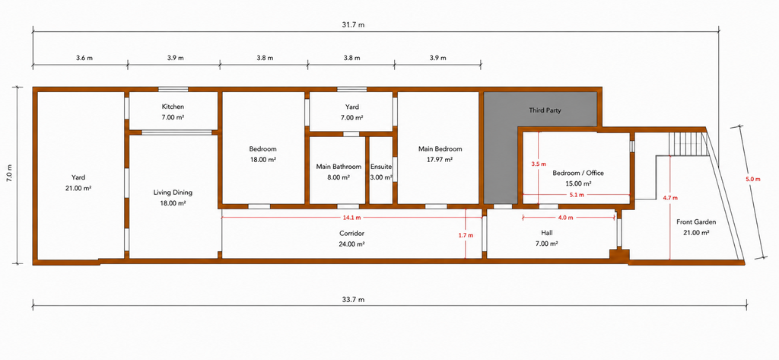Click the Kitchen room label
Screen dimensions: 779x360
click(x=173, y=107)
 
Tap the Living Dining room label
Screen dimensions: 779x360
click(x=173, y=193)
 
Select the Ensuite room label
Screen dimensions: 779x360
click(x=381, y=167)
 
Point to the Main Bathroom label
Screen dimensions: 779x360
click(x=339, y=167)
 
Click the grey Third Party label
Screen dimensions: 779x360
click(x=545, y=110)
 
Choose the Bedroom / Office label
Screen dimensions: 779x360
click(x=578, y=173)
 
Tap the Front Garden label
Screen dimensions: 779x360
click(x=696, y=221)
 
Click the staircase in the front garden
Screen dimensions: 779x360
click(x=688, y=144)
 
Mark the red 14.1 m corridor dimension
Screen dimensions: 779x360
click(x=351, y=218)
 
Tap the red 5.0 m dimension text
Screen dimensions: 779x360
click(x=753, y=180)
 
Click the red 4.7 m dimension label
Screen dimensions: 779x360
click(x=670, y=197)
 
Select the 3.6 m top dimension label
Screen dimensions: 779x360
click(x=84, y=58)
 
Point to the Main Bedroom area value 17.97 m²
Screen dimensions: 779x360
click(x=440, y=160)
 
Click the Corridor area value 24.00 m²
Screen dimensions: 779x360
click(x=351, y=244)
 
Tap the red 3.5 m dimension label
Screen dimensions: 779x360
click(x=539, y=164)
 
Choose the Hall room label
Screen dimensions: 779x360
click(x=546, y=232)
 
